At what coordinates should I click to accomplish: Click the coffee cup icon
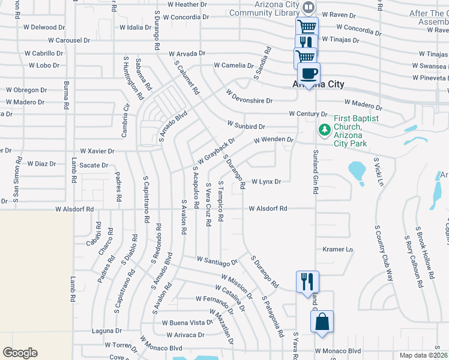pos(309,74)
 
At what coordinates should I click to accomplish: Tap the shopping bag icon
pos(322,321)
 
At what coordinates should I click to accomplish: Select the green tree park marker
pos(324,129)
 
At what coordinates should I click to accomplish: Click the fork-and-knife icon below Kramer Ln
pos(307,281)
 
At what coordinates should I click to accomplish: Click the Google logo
pos(20,352)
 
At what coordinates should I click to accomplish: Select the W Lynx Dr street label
pos(266,181)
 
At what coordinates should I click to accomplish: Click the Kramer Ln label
pos(337,249)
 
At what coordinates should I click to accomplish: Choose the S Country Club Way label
pos(382,253)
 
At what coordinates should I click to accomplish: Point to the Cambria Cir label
pos(126,117)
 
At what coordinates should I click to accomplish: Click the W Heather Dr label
pos(187,4)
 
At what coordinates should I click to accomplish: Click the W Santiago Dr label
pos(217,261)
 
